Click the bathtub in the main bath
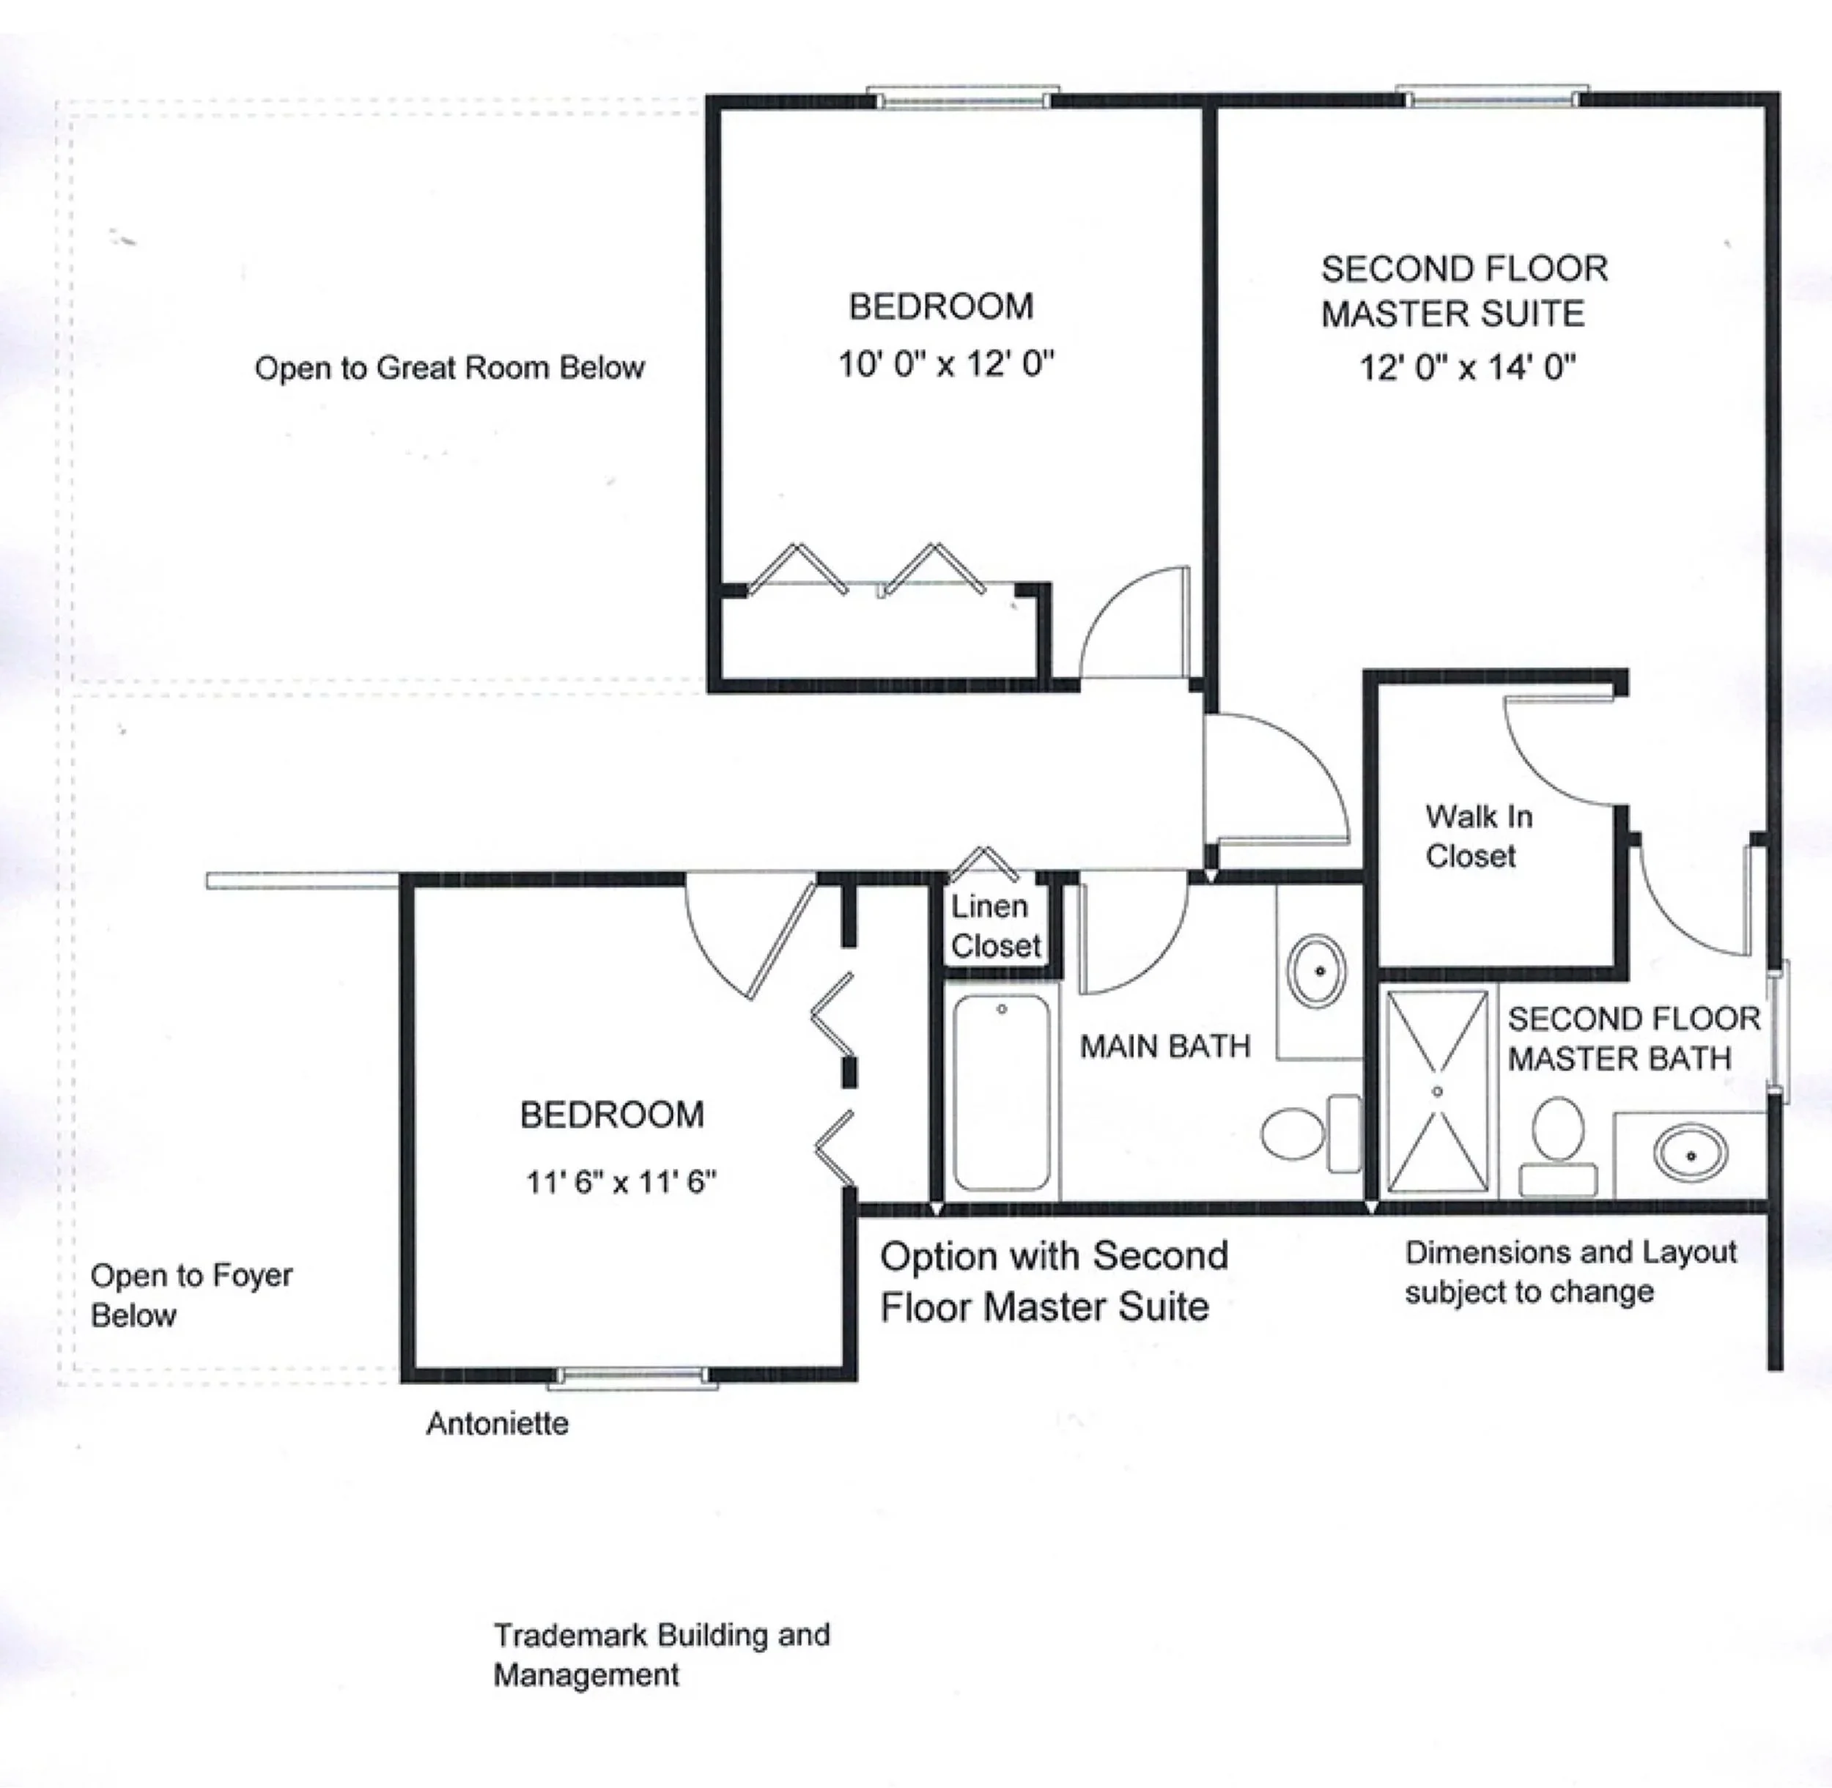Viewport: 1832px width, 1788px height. (1001, 1092)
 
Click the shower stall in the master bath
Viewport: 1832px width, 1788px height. (1437, 1091)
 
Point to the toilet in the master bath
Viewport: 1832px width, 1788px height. (1559, 1145)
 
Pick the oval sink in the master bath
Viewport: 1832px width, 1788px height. (1691, 1154)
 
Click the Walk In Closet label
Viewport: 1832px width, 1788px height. (1478, 836)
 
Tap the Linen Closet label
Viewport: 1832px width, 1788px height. (995, 926)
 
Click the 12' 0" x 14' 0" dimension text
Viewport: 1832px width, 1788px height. (1468, 366)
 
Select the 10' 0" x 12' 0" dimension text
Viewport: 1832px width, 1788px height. (945, 363)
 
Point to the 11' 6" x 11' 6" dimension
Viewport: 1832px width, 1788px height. (621, 1181)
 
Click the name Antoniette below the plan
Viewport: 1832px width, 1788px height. (497, 1424)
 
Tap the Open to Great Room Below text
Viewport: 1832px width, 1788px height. (450, 367)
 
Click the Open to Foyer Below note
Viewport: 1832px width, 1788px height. (191, 1295)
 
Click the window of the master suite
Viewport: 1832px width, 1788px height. (1492, 97)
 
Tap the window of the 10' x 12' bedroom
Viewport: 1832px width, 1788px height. (962, 97)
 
